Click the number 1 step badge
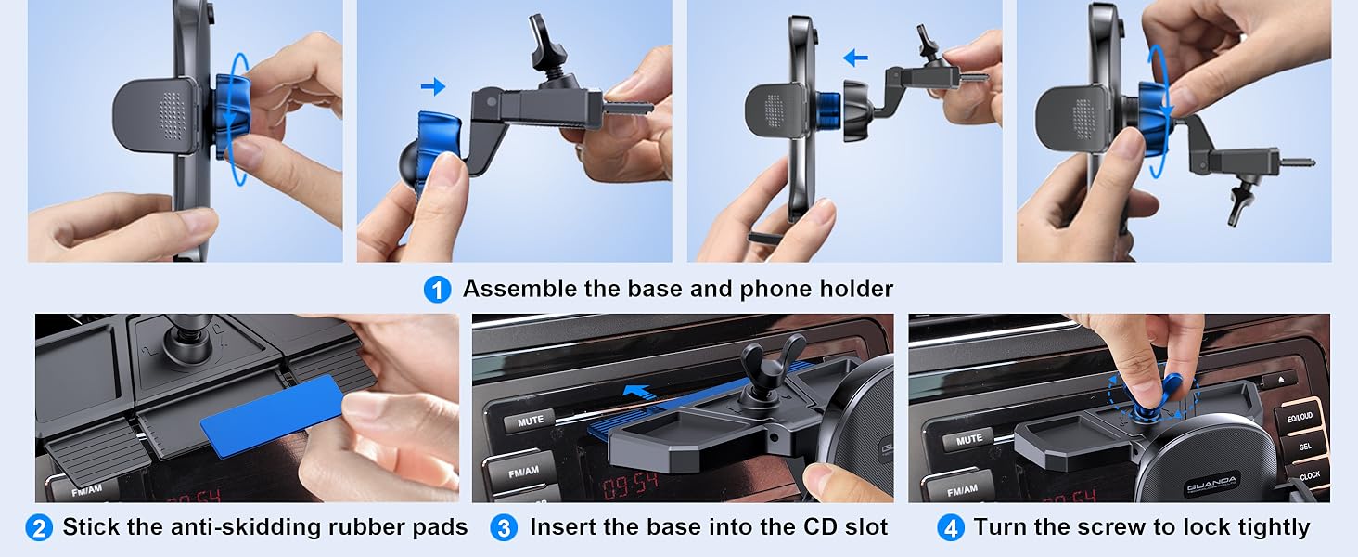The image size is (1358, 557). [437, 290]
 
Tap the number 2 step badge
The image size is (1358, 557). [39, 528]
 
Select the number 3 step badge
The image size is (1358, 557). [504, 528]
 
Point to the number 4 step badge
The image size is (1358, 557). [951, 528]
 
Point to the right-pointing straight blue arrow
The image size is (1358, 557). [433, 86]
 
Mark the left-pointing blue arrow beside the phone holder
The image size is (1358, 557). [855, 58]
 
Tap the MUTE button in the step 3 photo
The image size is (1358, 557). [531, 420]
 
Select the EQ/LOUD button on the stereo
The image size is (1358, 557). [1300, 417]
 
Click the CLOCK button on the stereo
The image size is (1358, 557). [1310, 475]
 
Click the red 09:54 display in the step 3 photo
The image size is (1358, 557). [629, 486]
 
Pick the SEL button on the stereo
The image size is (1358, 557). [1305, 447]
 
